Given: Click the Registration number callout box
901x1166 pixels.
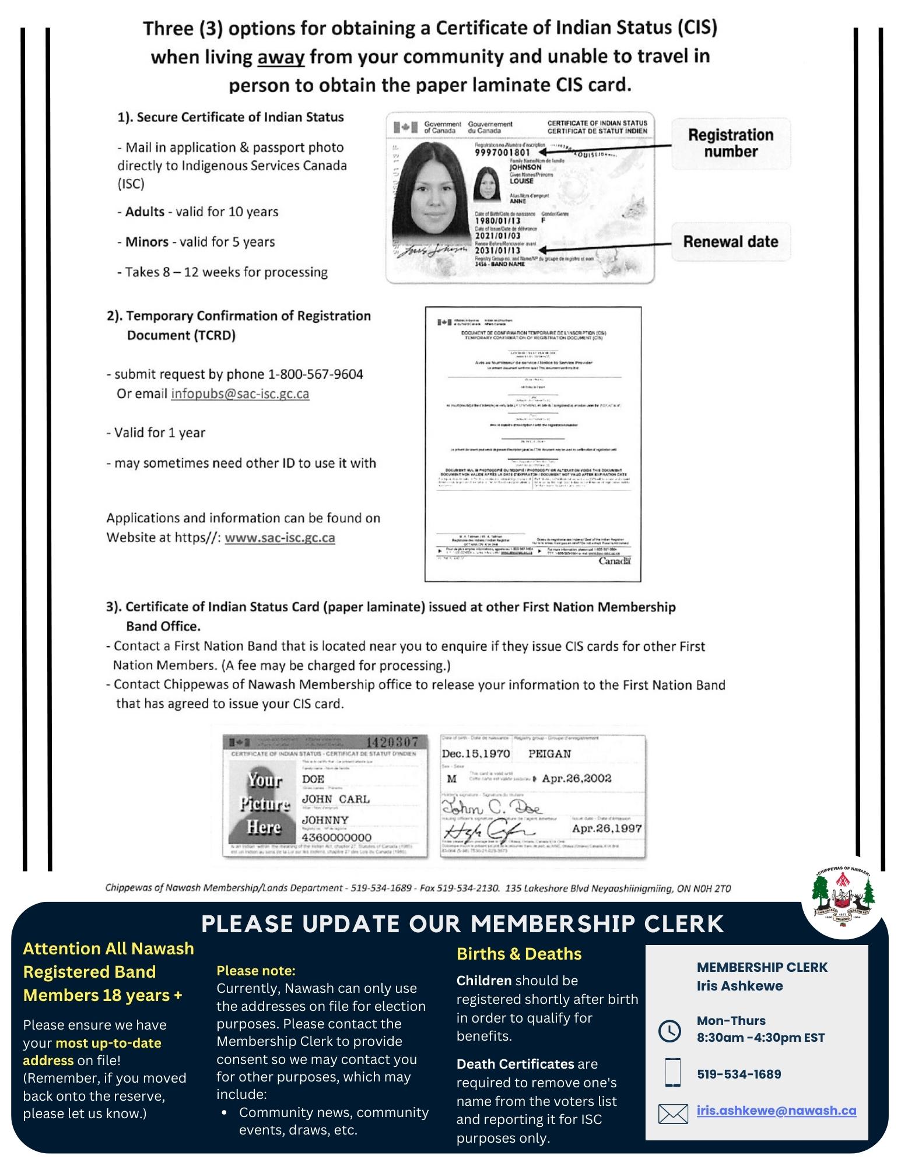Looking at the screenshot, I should pos(730,143).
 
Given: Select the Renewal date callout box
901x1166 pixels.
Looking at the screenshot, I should pos(730,242).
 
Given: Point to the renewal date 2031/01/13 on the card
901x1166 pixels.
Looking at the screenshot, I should pos(497,251).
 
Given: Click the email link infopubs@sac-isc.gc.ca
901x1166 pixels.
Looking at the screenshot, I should pos(240,394).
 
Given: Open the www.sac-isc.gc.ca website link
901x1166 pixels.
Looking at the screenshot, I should pos(279,538).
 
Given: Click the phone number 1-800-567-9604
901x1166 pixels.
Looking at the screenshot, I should pos(315,374).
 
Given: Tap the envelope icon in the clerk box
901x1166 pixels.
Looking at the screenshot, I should pos(672,1114).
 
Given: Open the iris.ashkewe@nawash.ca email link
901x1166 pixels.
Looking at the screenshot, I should pos(776,1111).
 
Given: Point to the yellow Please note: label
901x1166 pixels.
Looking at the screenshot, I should pos(256,971).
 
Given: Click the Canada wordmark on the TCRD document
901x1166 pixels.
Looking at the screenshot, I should pos(614,561).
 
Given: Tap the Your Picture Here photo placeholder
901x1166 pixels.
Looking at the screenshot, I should pos(264,803).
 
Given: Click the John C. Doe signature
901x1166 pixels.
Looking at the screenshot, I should pos(491,807).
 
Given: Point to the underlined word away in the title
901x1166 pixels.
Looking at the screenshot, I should pos(281,57).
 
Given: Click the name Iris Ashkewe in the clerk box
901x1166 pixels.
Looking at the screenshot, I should pos(739,986).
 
